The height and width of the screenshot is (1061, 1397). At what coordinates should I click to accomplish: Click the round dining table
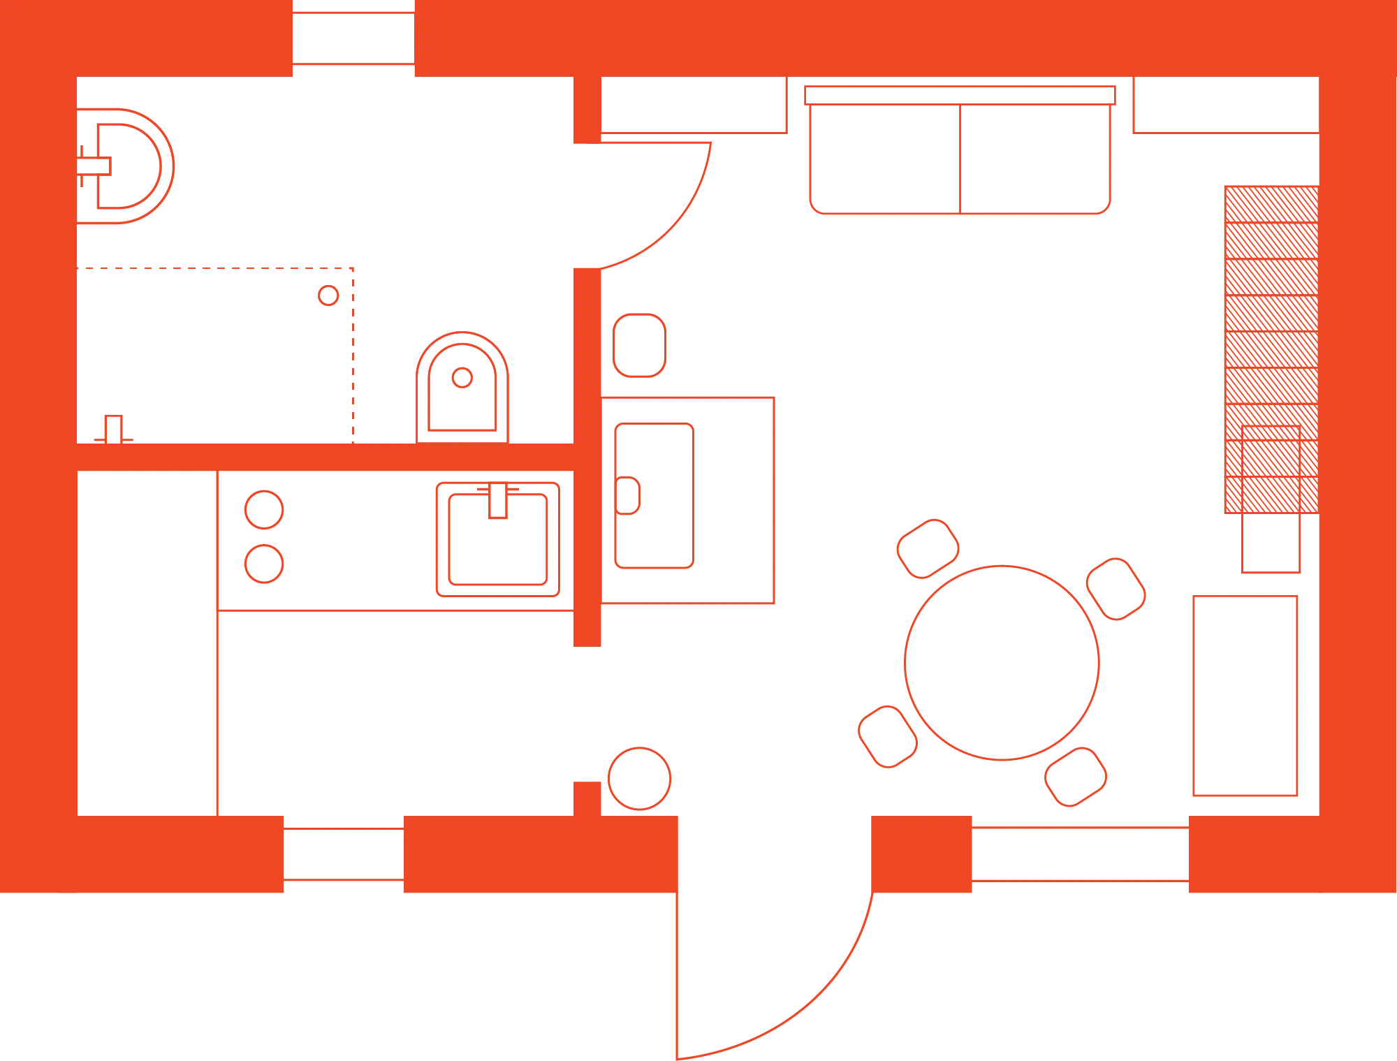1002,661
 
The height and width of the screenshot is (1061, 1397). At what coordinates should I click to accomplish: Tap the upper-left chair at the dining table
927,548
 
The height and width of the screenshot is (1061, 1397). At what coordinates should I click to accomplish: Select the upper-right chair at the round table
1116,588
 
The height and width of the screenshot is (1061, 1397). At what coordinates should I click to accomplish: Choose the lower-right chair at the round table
1076,775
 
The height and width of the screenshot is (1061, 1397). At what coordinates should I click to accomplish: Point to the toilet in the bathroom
462,388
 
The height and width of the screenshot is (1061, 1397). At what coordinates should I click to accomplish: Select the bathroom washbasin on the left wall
126,166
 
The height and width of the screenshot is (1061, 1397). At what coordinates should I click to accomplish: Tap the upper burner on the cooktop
263,508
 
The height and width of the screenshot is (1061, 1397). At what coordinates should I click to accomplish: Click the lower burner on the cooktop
263,563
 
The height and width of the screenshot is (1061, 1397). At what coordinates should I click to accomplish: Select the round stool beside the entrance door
640,778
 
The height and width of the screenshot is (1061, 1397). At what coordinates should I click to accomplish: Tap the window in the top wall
354,39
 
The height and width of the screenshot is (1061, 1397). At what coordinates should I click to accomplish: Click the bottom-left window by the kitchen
344,854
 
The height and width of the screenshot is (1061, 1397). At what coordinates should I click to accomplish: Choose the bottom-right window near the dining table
1078,854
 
